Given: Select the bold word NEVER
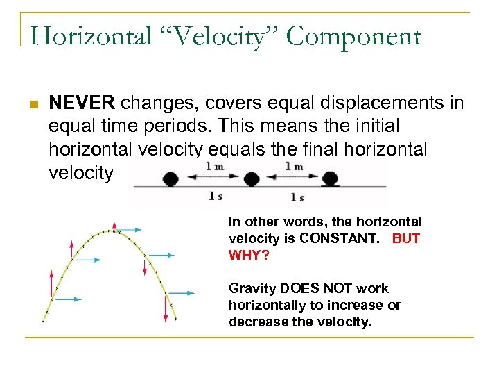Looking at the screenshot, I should (x=82, y=104).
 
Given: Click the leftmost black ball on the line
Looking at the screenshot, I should (x=170, y=178).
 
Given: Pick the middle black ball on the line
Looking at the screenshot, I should (x=252, y=178).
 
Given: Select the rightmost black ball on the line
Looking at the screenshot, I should (x=331, y=178).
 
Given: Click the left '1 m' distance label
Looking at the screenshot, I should (x=215, y=166).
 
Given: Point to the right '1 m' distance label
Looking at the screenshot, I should (x=295, y=166).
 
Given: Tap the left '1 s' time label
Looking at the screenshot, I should (x=216, y=197).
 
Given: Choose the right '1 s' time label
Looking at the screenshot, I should (x=297, y=197).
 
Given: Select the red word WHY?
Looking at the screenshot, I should (x=247, y=255).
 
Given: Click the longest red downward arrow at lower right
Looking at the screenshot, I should (x=166, y=308).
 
